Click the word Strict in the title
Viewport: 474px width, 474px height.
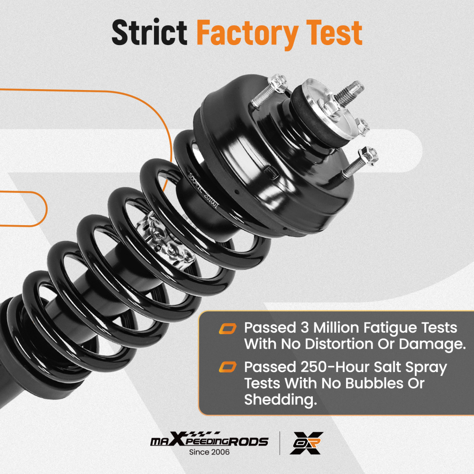click(x=149, y=33)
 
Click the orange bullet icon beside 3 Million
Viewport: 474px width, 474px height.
click(x=228, y=328)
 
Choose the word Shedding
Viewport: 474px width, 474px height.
click(x=280, y=400)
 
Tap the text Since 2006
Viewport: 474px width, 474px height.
click(x=209, y=452)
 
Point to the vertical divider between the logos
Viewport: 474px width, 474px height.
click(x=279, y=443)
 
